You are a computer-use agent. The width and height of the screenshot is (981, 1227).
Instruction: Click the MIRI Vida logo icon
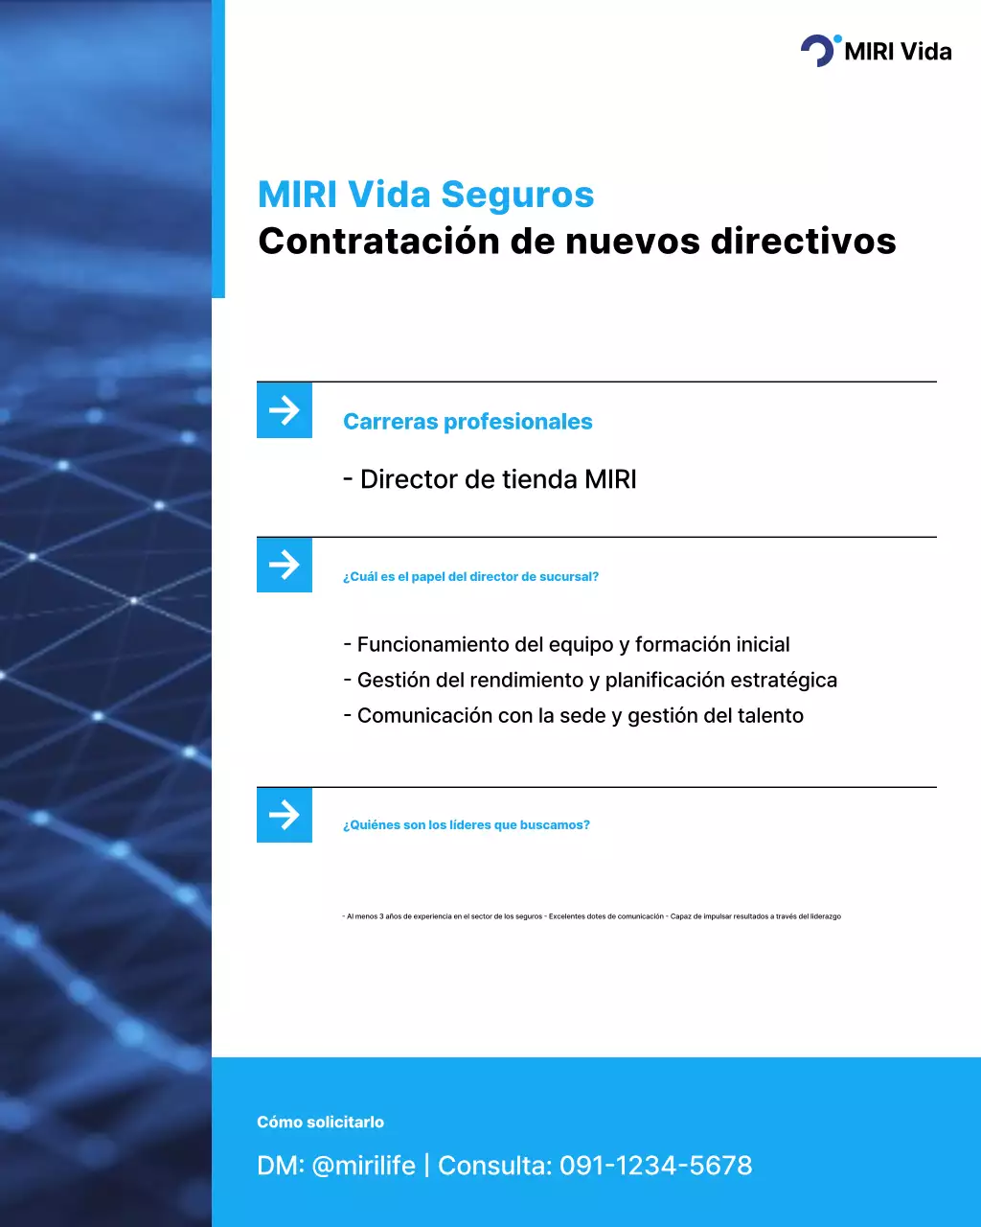coord(819,50)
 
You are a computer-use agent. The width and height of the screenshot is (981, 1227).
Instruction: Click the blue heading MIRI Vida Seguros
coord(425,195)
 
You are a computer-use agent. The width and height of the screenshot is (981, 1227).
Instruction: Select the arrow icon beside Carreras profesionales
coord(285,410)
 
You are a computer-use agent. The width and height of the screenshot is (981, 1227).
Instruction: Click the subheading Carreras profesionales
coord(468,422)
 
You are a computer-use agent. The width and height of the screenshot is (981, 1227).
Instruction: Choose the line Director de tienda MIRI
coord(490,479)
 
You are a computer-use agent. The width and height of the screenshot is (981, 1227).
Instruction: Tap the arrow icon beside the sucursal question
coord(285,565)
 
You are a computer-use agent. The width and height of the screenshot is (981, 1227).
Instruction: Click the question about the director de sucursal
coord(470,577)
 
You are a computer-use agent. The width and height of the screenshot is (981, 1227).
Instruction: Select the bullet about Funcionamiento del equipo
coord(566,645)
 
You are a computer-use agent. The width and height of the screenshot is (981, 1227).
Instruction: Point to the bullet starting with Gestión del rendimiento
coord(590,681)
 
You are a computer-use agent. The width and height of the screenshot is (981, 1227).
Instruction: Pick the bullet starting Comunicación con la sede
coord(573,716)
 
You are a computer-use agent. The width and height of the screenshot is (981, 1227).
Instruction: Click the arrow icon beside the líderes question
coord(285,815)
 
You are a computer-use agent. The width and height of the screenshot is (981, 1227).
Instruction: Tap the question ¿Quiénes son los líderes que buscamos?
coord(467,825)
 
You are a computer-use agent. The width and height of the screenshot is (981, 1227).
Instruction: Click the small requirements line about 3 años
coord(591,917)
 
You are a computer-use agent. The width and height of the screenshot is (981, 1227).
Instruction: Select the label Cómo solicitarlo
coord(320,1123)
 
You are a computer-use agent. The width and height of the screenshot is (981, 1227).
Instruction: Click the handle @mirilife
coord(364,1166)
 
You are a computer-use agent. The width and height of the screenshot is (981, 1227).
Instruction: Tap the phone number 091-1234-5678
coord(656,1166)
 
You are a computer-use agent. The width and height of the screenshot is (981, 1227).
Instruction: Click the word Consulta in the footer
coord(494,1166)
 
